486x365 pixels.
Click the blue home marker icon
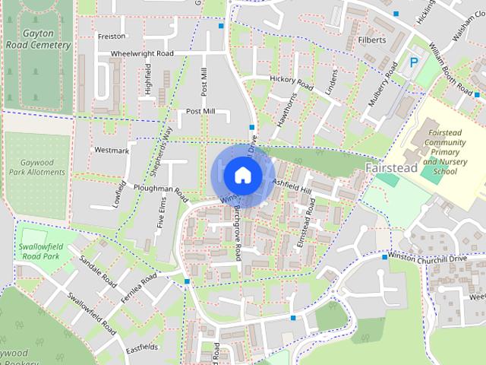[x=242, y=175]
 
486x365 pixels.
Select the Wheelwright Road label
[x=142, y=54]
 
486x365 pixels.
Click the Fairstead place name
[x=393, y=166]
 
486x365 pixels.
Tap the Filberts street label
[x=372, y=40]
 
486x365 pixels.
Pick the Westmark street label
[x=112, y=151]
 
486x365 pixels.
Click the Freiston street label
[x=111, y=36]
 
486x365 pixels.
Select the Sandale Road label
[x=99, y=271]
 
